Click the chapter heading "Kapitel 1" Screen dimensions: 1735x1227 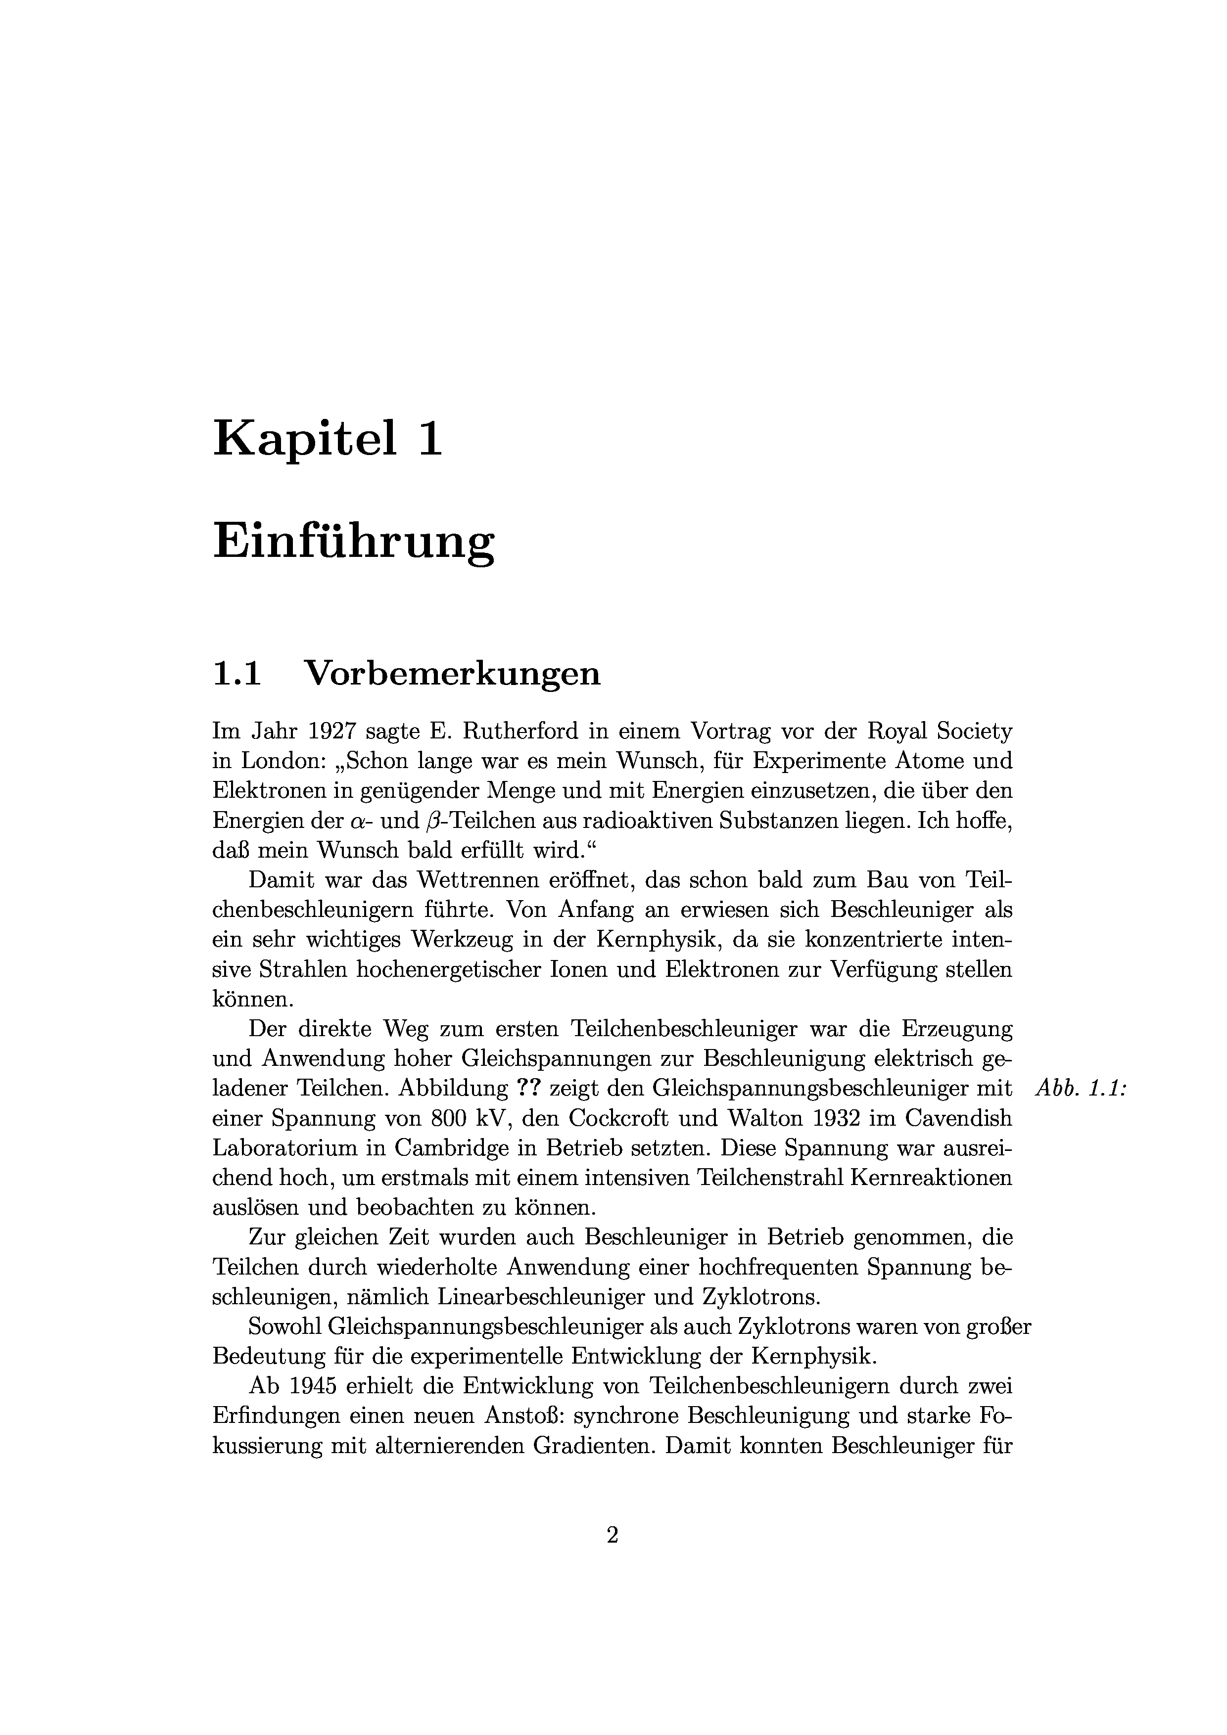tap(328, 438)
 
